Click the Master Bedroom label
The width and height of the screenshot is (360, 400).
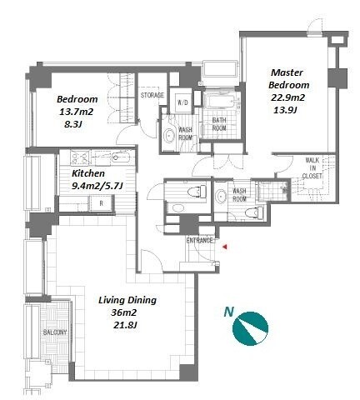click(x=288, y=78)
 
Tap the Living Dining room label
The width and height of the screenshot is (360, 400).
click(x=127, y=300)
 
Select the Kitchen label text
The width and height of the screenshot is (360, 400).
click(x=88, y=173)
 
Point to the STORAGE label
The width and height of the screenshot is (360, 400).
click(x=152, y=95)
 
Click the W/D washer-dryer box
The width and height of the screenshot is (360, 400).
click(x=182, y=102)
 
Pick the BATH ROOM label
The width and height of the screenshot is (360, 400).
click(x=219, y=124)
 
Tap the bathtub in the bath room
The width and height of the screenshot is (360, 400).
click(x=222, y=102)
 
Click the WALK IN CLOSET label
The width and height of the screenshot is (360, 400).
click(x=312, y=168)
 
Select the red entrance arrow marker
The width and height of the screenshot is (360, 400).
click(x=225, y=247)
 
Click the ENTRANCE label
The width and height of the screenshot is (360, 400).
click(x=199, y=241)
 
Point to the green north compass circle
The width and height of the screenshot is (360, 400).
click(x=250, y=328)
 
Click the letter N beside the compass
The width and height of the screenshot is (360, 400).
click(x=229, y=312)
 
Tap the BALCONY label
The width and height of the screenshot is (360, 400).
click(x=55, y=332)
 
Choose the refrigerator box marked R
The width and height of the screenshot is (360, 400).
click(x=102, y=203)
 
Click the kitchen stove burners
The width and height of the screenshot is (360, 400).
click(x=79, y=158)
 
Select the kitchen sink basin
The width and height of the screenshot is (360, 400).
click(x=121, y=158)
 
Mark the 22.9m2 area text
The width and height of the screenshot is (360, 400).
click(x=287, y=97)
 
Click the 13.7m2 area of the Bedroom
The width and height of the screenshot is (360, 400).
click(x=76, y=112)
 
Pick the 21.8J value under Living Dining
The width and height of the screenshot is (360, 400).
click(x=126, y=325)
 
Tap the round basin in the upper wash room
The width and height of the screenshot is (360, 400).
click(x=168, y=136)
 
